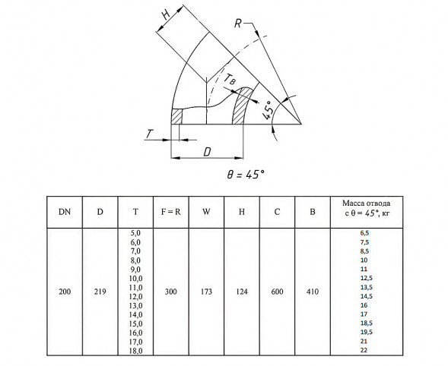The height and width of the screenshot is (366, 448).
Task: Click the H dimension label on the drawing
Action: point(167,14)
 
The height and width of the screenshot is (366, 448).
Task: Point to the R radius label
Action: point(238,24)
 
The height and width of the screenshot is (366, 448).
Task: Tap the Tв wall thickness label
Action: point(230,79)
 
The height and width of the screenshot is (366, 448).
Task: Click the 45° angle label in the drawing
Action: point(267,110)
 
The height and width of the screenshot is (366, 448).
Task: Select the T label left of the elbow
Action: point(149,134)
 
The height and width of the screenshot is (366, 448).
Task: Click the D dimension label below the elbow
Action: point(207,152)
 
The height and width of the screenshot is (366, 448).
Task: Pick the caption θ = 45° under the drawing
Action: point(246,174)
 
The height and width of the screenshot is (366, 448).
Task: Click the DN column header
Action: point(65,212)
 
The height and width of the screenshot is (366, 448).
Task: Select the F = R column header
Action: point(170,212)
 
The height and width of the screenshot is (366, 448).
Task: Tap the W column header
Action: point(206,212)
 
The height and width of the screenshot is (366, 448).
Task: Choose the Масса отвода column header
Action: point(367,208)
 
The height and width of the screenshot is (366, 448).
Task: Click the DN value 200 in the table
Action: point(65,292)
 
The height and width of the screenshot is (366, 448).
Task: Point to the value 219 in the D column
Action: point(100,292)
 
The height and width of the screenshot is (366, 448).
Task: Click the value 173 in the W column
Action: point(206,292)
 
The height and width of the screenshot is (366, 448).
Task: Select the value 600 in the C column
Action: point(277,292)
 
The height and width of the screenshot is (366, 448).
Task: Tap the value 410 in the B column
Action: point(313,292)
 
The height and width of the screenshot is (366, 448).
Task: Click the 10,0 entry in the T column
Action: point(135,279)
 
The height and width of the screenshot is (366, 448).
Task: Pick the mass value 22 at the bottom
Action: point(364,350)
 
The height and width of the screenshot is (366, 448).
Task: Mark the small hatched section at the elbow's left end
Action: point(176,116)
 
